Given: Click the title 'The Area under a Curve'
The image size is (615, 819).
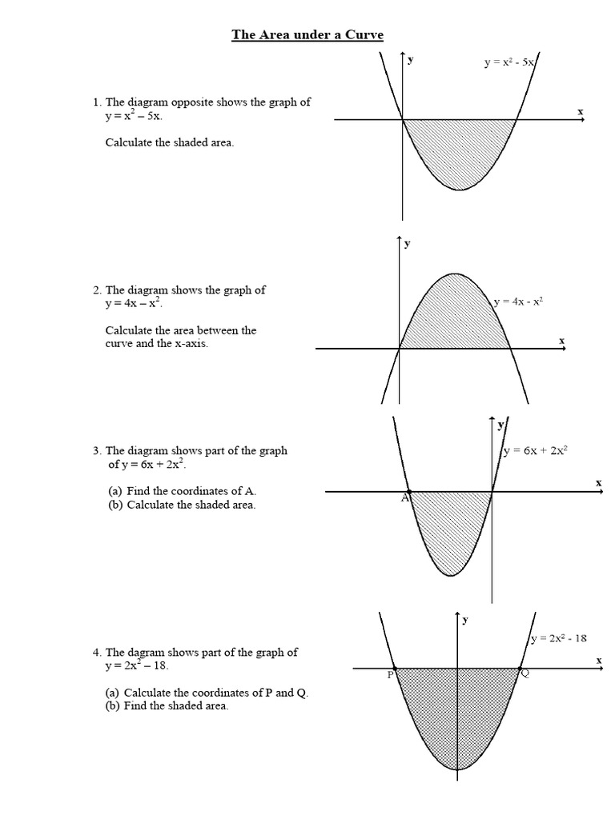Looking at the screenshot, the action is pos(307,34).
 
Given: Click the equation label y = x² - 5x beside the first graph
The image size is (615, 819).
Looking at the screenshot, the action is pos(510,61).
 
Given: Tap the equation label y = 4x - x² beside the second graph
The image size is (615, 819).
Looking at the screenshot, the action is pos(519,302).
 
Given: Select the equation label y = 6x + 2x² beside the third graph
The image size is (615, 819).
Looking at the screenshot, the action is pos(536,450).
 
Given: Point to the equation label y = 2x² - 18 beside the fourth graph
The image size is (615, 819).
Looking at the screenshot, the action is pos(559,638).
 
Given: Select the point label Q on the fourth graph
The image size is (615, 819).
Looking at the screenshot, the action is pos(525,674).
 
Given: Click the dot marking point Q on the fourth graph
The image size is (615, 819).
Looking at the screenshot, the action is pos(520,668).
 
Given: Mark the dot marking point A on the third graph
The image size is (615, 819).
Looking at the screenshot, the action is pos(409,492).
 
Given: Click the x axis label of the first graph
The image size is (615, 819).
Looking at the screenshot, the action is pos(581,111).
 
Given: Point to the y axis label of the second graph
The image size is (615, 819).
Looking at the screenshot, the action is pos(408,243).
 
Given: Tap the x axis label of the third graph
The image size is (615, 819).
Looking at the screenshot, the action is pos(598,482).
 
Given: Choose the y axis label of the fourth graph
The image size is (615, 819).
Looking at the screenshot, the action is pos(465,619).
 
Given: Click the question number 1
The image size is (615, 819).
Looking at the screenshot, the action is pos(97,102).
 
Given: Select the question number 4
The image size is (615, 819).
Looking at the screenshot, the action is pos(97,653).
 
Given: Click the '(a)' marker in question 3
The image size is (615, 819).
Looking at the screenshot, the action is pos(115,491).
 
